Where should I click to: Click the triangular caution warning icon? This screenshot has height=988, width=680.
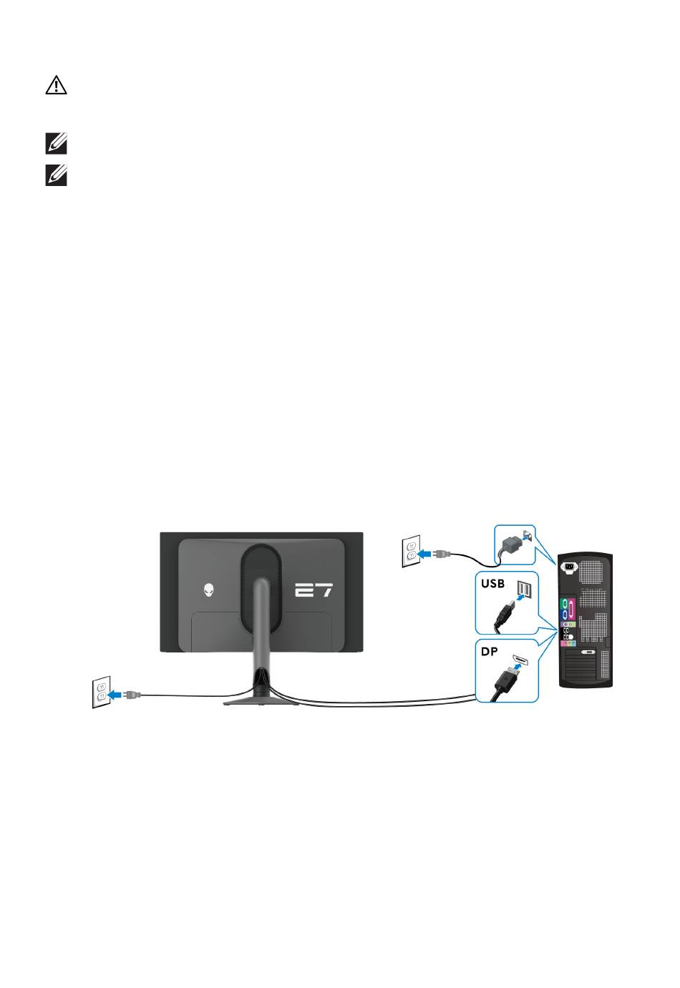(x=56, y=84)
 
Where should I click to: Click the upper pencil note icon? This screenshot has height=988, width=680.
(x=56, y=143)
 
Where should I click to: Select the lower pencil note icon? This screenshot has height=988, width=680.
(x=56, y=175)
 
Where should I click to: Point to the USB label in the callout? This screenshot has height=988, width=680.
(x=492, y=584)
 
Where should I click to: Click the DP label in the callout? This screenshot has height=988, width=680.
(x=490, y=651)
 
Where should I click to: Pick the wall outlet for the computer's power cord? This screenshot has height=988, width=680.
(x=411, y=551)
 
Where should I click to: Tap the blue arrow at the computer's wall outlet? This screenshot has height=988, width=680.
(x=424, y=554)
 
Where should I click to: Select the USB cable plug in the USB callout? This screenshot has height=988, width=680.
(x=503, y=614)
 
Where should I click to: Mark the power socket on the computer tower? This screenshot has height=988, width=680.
(x=569, y=567)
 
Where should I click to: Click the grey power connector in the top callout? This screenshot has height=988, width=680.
(x=510, y=542)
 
